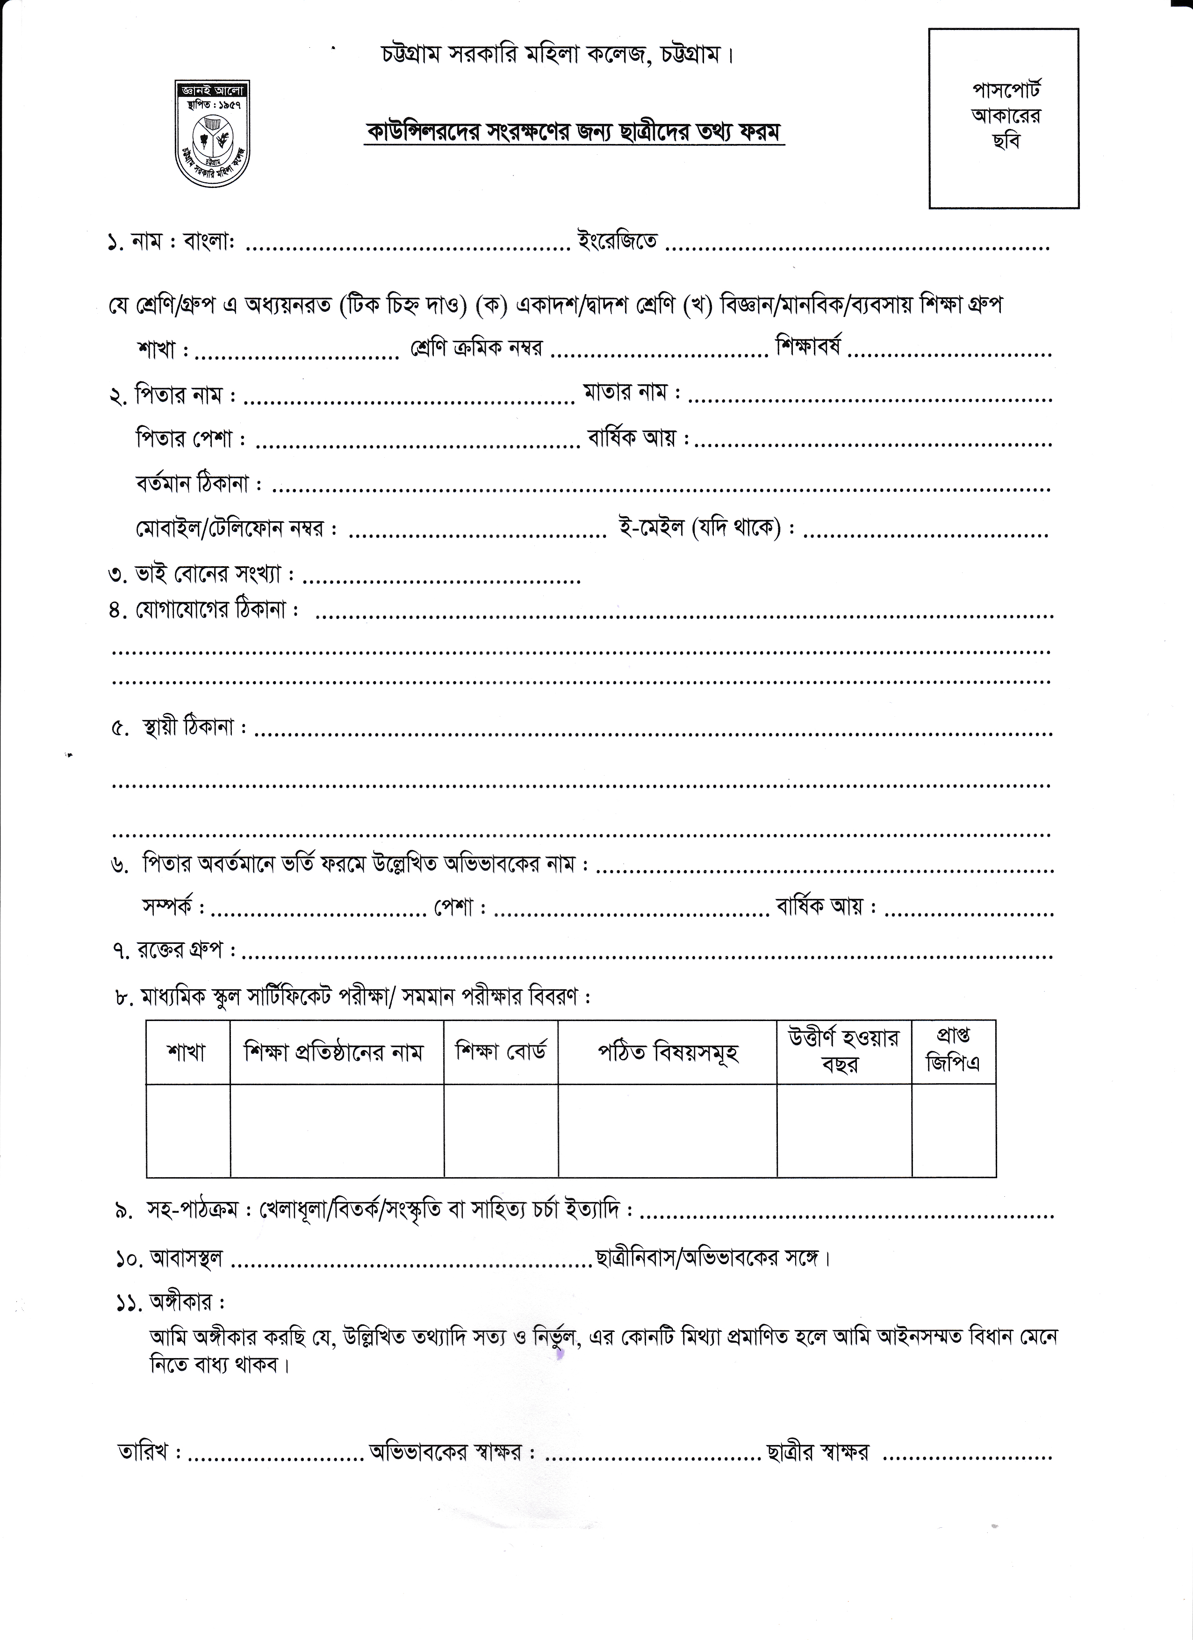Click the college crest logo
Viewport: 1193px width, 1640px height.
tap(212, 132)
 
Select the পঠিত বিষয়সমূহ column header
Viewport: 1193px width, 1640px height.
tap(668, 1053)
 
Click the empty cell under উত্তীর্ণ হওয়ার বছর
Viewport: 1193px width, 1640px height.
tap(844, 1130)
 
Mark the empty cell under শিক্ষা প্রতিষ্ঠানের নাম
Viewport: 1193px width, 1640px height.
tap(337, 1130)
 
